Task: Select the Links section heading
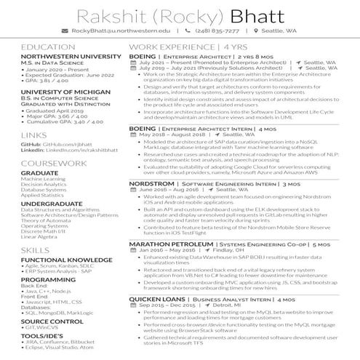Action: coord(33,135)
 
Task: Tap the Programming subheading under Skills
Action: coord(47,279)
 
